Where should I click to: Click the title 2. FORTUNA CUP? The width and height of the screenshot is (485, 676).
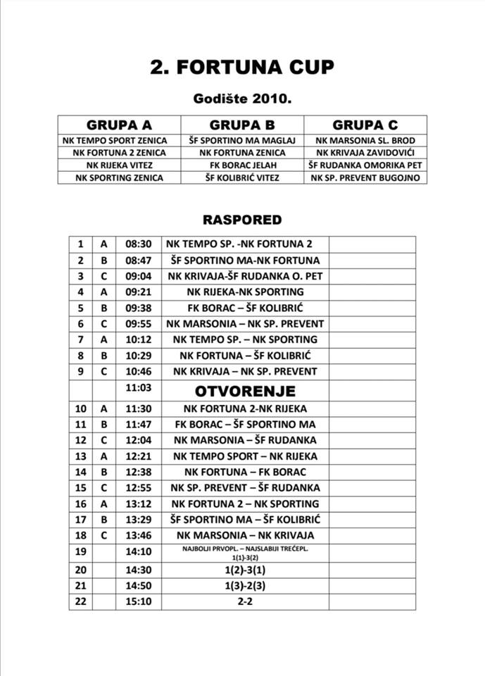pyautogui.click(x=242, y=67)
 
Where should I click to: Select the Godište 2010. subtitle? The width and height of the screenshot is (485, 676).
pyautogui.click(x=242, y=99)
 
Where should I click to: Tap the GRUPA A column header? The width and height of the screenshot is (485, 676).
pyautogui.click(x=119, y=125)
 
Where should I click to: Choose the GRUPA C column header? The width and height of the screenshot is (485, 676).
pyautogui.click(x=365, y=125)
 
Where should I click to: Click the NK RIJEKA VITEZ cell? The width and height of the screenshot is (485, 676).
pyautogui.click(x=119, y=165)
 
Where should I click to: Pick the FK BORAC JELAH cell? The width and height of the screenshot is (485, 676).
pyautogui.click(x=242, y=165)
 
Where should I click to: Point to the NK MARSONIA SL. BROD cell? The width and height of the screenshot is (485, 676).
pyautogui.click(x=365, y=140)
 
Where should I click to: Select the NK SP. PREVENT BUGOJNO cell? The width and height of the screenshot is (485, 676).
pyautogui.click(x=365, y=177)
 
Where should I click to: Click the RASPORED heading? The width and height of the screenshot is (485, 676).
pyautogui.click(x=242, y=220)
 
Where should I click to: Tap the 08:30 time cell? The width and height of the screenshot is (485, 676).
pyautogui.click(x=139, y=244)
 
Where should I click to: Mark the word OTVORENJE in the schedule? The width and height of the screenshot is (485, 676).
pyautogui.click(x=245, y=390)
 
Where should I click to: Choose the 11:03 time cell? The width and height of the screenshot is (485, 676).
pyautogui.click(x=139, y=387)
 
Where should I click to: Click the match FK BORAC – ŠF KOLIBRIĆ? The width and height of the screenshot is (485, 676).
pyautogui.click(x=245, y=308)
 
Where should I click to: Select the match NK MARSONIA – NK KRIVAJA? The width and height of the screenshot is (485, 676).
pyautogui.click(x=245, y=535)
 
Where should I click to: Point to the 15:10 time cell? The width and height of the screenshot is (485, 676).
pyautogui.click(x=139, y=602)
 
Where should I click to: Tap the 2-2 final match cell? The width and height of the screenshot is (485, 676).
pyautogui.click(x=245, y=602)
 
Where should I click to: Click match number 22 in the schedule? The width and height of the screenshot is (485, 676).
pyautogui.click(x=81, y=602)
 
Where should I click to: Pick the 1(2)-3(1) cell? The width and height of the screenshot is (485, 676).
pyautogui.click(x=245, y=570)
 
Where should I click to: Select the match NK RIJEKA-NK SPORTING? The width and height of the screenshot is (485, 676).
pyautogui.click(x=245, y=292)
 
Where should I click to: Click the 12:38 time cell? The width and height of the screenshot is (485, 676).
pyautogui.click(x=139, y=472)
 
